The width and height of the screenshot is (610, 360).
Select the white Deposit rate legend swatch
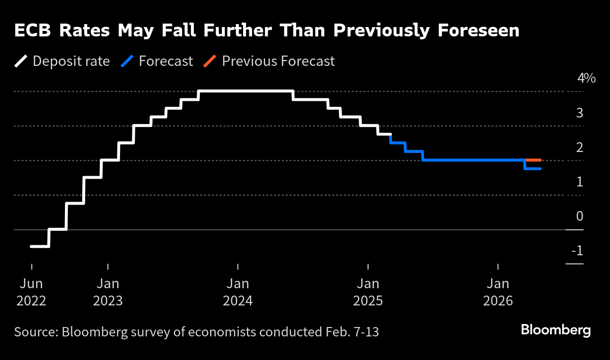21,61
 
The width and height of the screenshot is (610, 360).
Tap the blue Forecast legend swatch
127,61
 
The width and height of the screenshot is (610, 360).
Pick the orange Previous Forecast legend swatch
210,61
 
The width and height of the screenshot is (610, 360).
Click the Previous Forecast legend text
278,61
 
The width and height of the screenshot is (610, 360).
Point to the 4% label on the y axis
586,78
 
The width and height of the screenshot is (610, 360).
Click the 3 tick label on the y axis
579,113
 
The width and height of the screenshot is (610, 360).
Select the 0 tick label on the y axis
579,216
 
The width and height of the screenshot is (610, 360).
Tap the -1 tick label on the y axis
577,251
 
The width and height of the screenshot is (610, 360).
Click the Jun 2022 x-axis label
31,292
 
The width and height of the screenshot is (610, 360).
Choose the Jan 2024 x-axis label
238,292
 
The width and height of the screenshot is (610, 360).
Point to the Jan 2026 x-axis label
498,292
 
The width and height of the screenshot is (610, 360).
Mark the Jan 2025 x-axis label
368,292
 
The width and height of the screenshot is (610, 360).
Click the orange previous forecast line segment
534,160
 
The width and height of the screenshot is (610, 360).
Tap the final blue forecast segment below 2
533,169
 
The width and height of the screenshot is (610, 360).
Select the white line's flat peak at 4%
246,91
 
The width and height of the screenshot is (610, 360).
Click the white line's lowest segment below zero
40,246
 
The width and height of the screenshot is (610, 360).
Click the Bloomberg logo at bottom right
555,330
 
